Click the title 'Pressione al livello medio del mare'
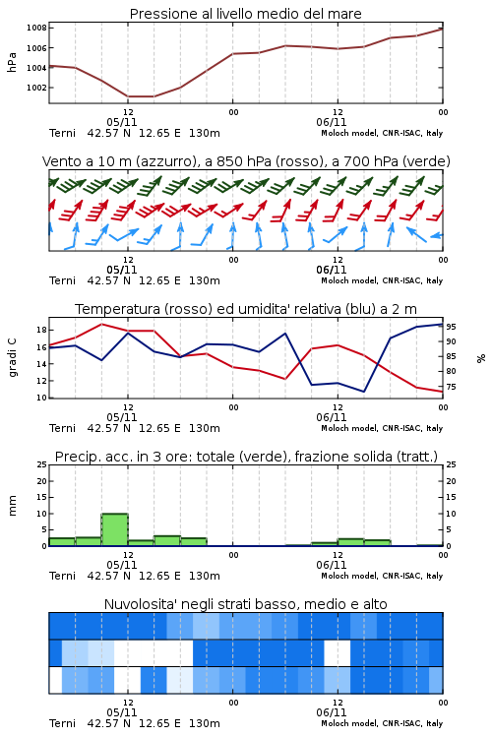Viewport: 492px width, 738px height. coord(245,14)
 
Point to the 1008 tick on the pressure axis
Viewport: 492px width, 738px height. coord(36,28)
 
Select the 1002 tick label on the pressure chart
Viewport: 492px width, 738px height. coord(36,88)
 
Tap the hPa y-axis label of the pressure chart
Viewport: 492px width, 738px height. coord(12,62)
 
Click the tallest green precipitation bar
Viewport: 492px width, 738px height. coord(114,529)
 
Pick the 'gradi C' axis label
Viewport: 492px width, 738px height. coord(12,357)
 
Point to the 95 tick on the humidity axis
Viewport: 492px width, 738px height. coord(451,327)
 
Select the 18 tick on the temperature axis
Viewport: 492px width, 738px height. coord(41,330)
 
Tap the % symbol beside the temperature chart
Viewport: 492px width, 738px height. coord(481,358)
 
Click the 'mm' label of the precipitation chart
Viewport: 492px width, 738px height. coord(12,505)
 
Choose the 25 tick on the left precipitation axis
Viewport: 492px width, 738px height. coord(41,464)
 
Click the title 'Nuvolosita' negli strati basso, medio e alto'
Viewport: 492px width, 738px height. coord(245,604)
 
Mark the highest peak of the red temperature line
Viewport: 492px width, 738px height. coord(102,325)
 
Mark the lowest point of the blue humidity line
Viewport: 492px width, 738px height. coord(363,392)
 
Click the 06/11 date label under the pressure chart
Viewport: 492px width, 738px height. coord(331,122)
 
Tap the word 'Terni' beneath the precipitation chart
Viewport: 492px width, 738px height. coord(62,576)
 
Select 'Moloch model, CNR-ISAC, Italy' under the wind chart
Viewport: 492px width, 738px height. coord(382,280)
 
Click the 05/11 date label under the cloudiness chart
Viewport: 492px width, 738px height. coord(121,712)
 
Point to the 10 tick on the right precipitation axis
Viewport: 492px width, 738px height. coord(451,514)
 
